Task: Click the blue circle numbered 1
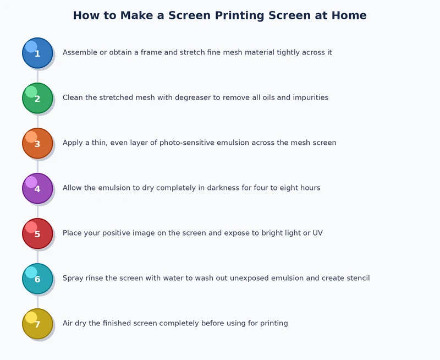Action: point(37,53)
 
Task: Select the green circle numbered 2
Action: point(37,98)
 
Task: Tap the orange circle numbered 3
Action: point(37,143)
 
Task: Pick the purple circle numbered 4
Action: point(37,188)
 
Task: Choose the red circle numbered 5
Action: point(37,233)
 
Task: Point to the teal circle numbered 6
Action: point(37,279)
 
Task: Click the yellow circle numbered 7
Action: point(37,324)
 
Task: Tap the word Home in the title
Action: point(349,15)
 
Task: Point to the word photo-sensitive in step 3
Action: point(185,143)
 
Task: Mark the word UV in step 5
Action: point(317,233)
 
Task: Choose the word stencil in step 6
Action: point(356,279)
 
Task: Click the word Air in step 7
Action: point(68,324)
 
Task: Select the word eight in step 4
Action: point(283,188)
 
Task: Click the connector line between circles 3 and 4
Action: point(37,166)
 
